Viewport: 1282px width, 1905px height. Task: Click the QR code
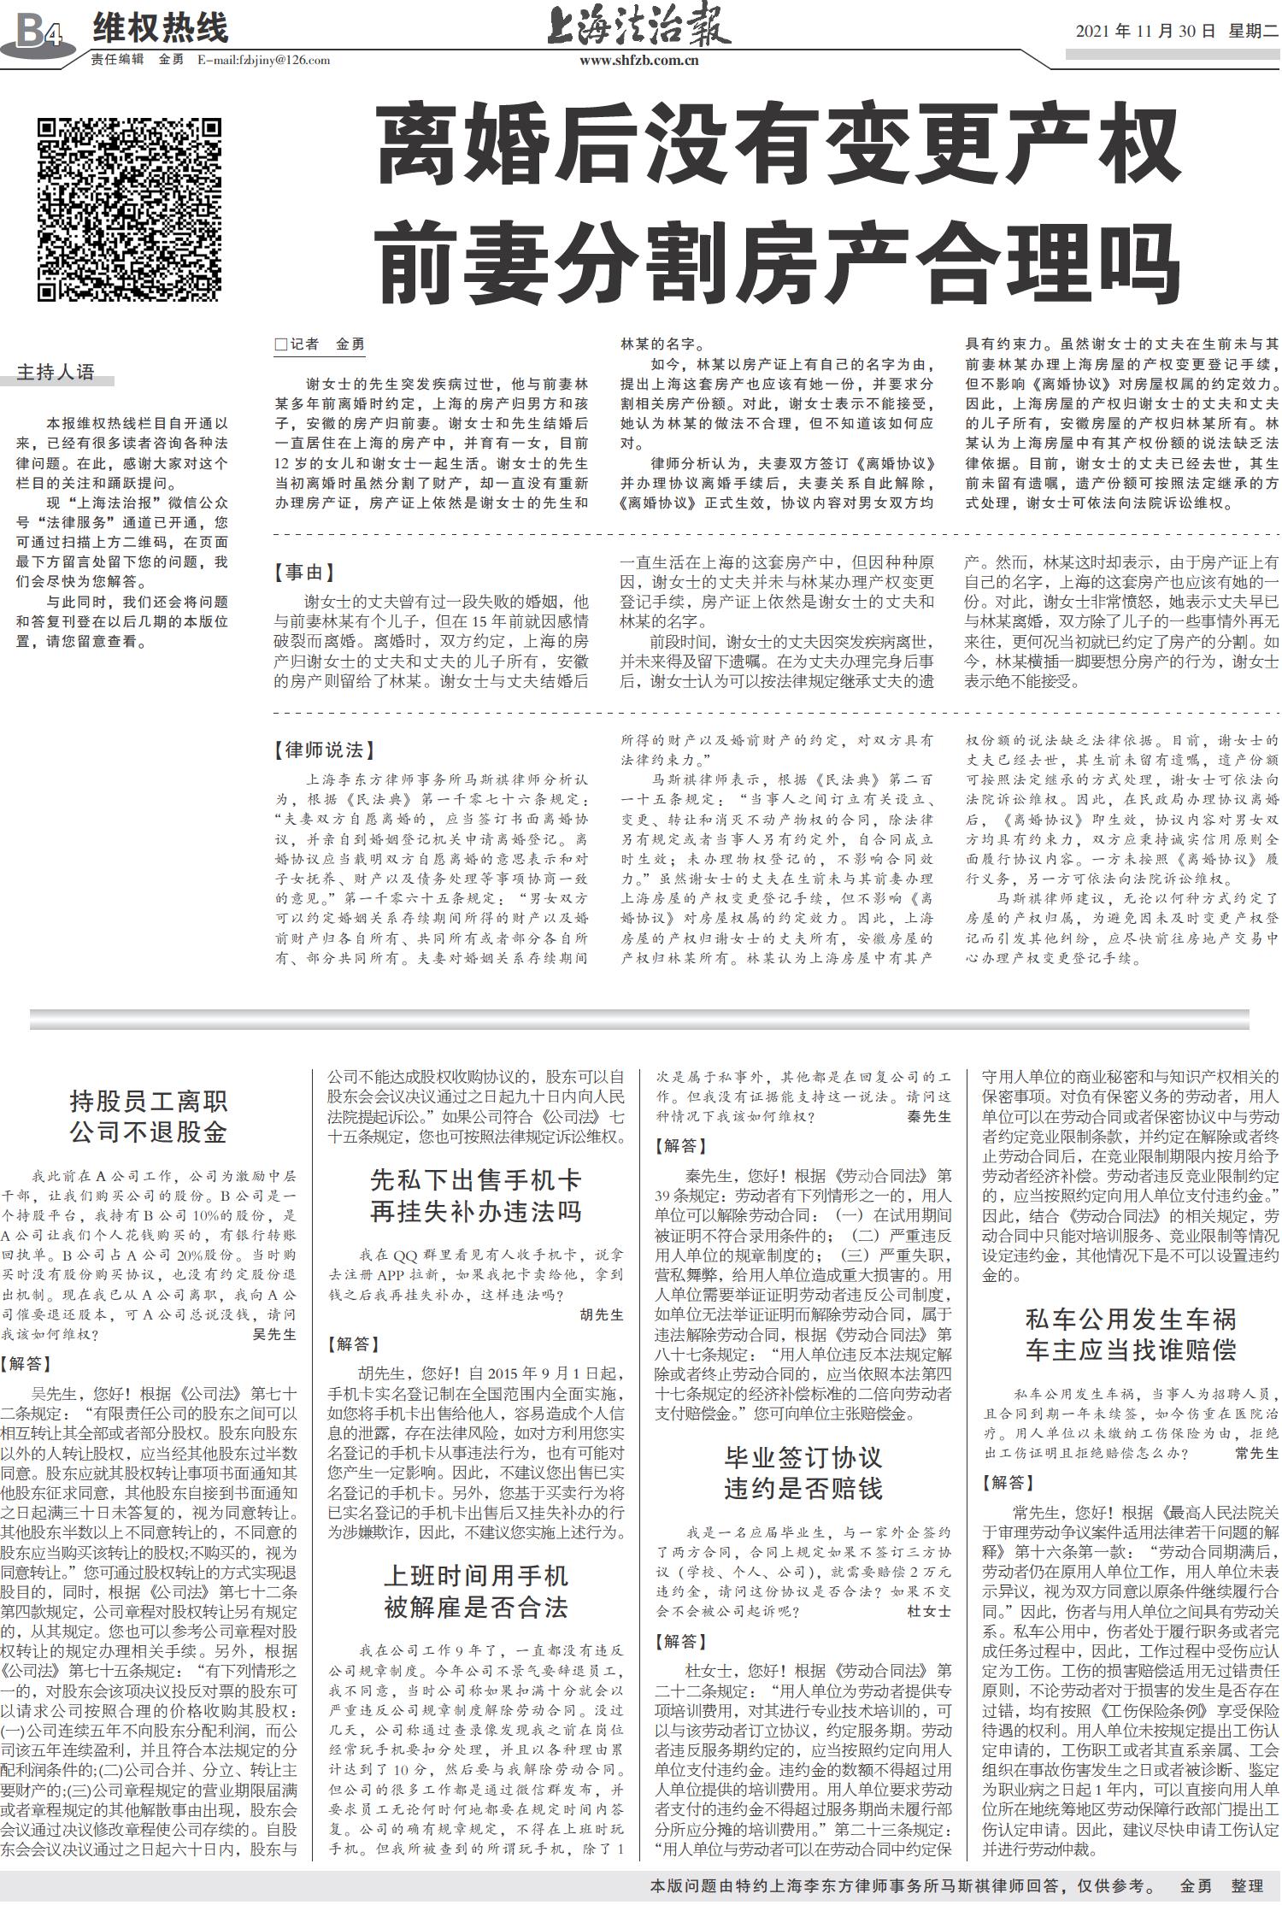(129, 209)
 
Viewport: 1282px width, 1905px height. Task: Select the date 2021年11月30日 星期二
(1176, 32)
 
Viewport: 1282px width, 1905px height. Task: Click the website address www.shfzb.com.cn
(638, 61)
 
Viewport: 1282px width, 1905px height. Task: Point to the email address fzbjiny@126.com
(263, 60)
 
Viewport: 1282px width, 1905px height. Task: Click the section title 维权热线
(161, 28)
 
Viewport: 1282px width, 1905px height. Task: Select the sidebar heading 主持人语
(56, 373)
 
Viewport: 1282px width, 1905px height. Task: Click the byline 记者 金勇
(320, 344)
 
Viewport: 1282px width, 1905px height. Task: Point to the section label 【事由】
(305, 573)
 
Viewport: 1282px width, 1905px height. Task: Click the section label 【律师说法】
(325, 750)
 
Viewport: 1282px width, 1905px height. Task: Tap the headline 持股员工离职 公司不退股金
(149, 1117)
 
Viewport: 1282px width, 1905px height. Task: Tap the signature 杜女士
(928, 1611)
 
